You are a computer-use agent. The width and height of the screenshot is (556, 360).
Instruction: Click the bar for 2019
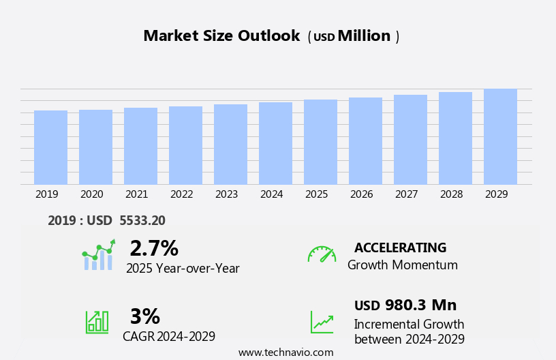click(50, 147)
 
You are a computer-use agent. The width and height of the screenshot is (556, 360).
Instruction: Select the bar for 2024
click(275, 143)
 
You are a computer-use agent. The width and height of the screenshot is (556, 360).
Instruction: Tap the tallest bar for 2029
click(500, 136)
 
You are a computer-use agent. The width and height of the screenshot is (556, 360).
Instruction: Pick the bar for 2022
click(185, 145)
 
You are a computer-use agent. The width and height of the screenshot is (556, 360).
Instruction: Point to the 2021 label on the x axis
click(136, 194)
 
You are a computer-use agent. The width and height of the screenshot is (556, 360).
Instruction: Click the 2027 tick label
click(406, 194)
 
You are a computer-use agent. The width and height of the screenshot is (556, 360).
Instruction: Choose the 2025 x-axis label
click(316, 194)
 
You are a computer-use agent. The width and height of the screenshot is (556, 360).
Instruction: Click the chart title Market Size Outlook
click(221, 36)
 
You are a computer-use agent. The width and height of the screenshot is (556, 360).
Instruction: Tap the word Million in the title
click(364, 36)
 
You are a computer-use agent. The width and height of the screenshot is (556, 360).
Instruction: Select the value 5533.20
click(142, 220)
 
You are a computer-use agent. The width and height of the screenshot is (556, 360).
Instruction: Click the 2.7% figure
click(154, 248)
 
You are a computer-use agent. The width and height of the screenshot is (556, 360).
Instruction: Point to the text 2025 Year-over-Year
click(183, 269)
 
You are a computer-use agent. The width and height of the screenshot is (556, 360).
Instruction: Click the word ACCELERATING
click(400, 247)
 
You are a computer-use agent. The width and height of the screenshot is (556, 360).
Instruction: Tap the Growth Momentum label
click(402, 265)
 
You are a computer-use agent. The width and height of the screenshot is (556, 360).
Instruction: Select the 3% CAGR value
click(144, 316)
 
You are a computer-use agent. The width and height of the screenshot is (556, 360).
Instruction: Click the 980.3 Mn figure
click(420, 305)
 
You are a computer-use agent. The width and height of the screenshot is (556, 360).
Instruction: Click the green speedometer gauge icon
click(322, 254)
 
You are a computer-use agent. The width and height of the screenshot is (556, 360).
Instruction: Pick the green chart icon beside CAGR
click(97, 321)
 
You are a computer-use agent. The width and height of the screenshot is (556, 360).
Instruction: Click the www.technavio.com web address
click(285, 352)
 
